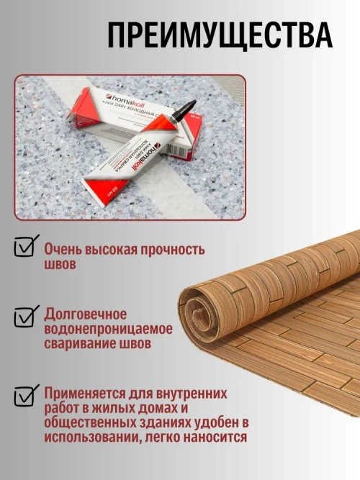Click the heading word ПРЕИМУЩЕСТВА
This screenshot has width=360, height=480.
[220, 34]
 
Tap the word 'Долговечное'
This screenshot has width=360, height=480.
[86, 314]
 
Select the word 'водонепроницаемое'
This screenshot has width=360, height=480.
[108, 330]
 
